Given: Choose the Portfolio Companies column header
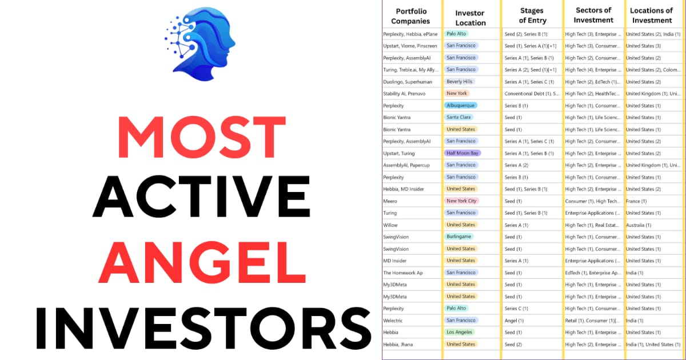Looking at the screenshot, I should [x=410, y=16].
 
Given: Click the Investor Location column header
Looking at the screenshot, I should [x=470, y=17].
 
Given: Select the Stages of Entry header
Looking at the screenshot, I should [x=532, y=15].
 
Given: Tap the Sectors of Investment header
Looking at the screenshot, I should [x=593, y=15].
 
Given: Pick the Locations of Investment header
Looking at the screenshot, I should [x=651, y=15].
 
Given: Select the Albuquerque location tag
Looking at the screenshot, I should [x=460, y=106].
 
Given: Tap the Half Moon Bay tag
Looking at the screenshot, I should [x=462, y=153].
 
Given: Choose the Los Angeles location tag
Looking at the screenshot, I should [x=460, y=332].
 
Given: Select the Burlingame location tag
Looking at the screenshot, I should [x=460, y=237].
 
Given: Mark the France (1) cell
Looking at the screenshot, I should [x=636, y=201].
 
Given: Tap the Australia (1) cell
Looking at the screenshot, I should [x=638, y=225].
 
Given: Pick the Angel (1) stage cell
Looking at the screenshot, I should [x=513, y=321].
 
